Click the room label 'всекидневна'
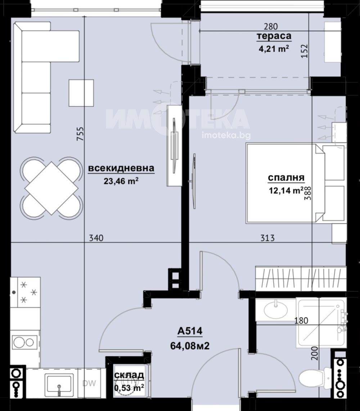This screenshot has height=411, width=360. click(x=121, y=168)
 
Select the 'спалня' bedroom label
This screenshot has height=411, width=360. click(x=286, y=178)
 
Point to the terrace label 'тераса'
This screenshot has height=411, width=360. click(x=274, y=36)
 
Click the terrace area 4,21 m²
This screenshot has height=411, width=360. click(x=274, y=49)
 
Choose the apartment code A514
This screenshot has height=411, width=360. click(x=190, y=331)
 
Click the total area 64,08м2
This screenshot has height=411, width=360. click(x=190, y=346)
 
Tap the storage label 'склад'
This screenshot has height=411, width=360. click(x=129, y=375)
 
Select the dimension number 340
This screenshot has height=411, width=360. click(x=96, y=238)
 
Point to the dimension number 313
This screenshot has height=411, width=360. click(x=267, y=238)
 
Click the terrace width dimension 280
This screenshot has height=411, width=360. click(x=271, y=27)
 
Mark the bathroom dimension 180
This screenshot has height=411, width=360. click(x=301, y=320)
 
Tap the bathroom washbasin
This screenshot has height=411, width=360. click(x=275, y=310)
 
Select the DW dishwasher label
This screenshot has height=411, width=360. click(x=89, y=383)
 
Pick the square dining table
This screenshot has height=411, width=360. click(x=51, y=188)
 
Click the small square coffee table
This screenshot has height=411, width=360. click(x=81, y=93)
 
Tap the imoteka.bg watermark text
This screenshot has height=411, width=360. click(x=226, y=135)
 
